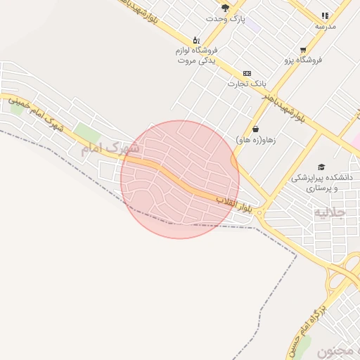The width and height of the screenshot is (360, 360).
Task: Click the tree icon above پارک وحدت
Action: (x=225, y=8)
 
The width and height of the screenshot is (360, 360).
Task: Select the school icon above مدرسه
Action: (x=324, y=15)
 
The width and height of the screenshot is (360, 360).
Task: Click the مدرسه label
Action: (x=325, y=26)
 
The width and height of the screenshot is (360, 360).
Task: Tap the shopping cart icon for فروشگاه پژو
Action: (x=303, y=50)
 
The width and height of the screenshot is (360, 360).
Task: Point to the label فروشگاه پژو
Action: (x=303, y=60)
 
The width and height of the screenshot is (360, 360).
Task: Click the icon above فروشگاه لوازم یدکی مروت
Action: (x=196, y=40)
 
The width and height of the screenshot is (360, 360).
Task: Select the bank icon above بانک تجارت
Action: (x=247, y=73)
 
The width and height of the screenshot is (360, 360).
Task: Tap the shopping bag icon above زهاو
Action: (x=255, y=129)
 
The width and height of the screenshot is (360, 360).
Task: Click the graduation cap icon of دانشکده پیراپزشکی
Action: (x=321, y=167)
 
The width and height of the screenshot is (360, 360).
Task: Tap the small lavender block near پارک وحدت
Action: (x=253, y=25)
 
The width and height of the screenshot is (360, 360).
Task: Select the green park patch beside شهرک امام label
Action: (x=87, y=131)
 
